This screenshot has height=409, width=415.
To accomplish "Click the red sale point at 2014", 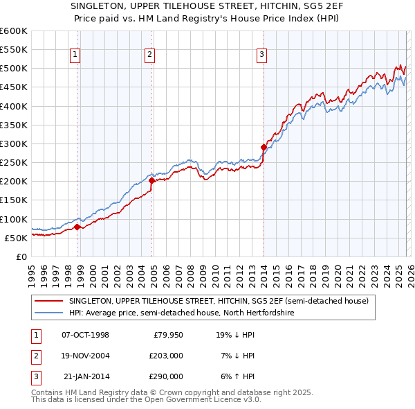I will (x=264, y=147).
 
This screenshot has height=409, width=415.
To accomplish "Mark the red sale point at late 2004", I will (x=152, y=180).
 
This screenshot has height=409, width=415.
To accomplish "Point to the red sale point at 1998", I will (x=77, y=226).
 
